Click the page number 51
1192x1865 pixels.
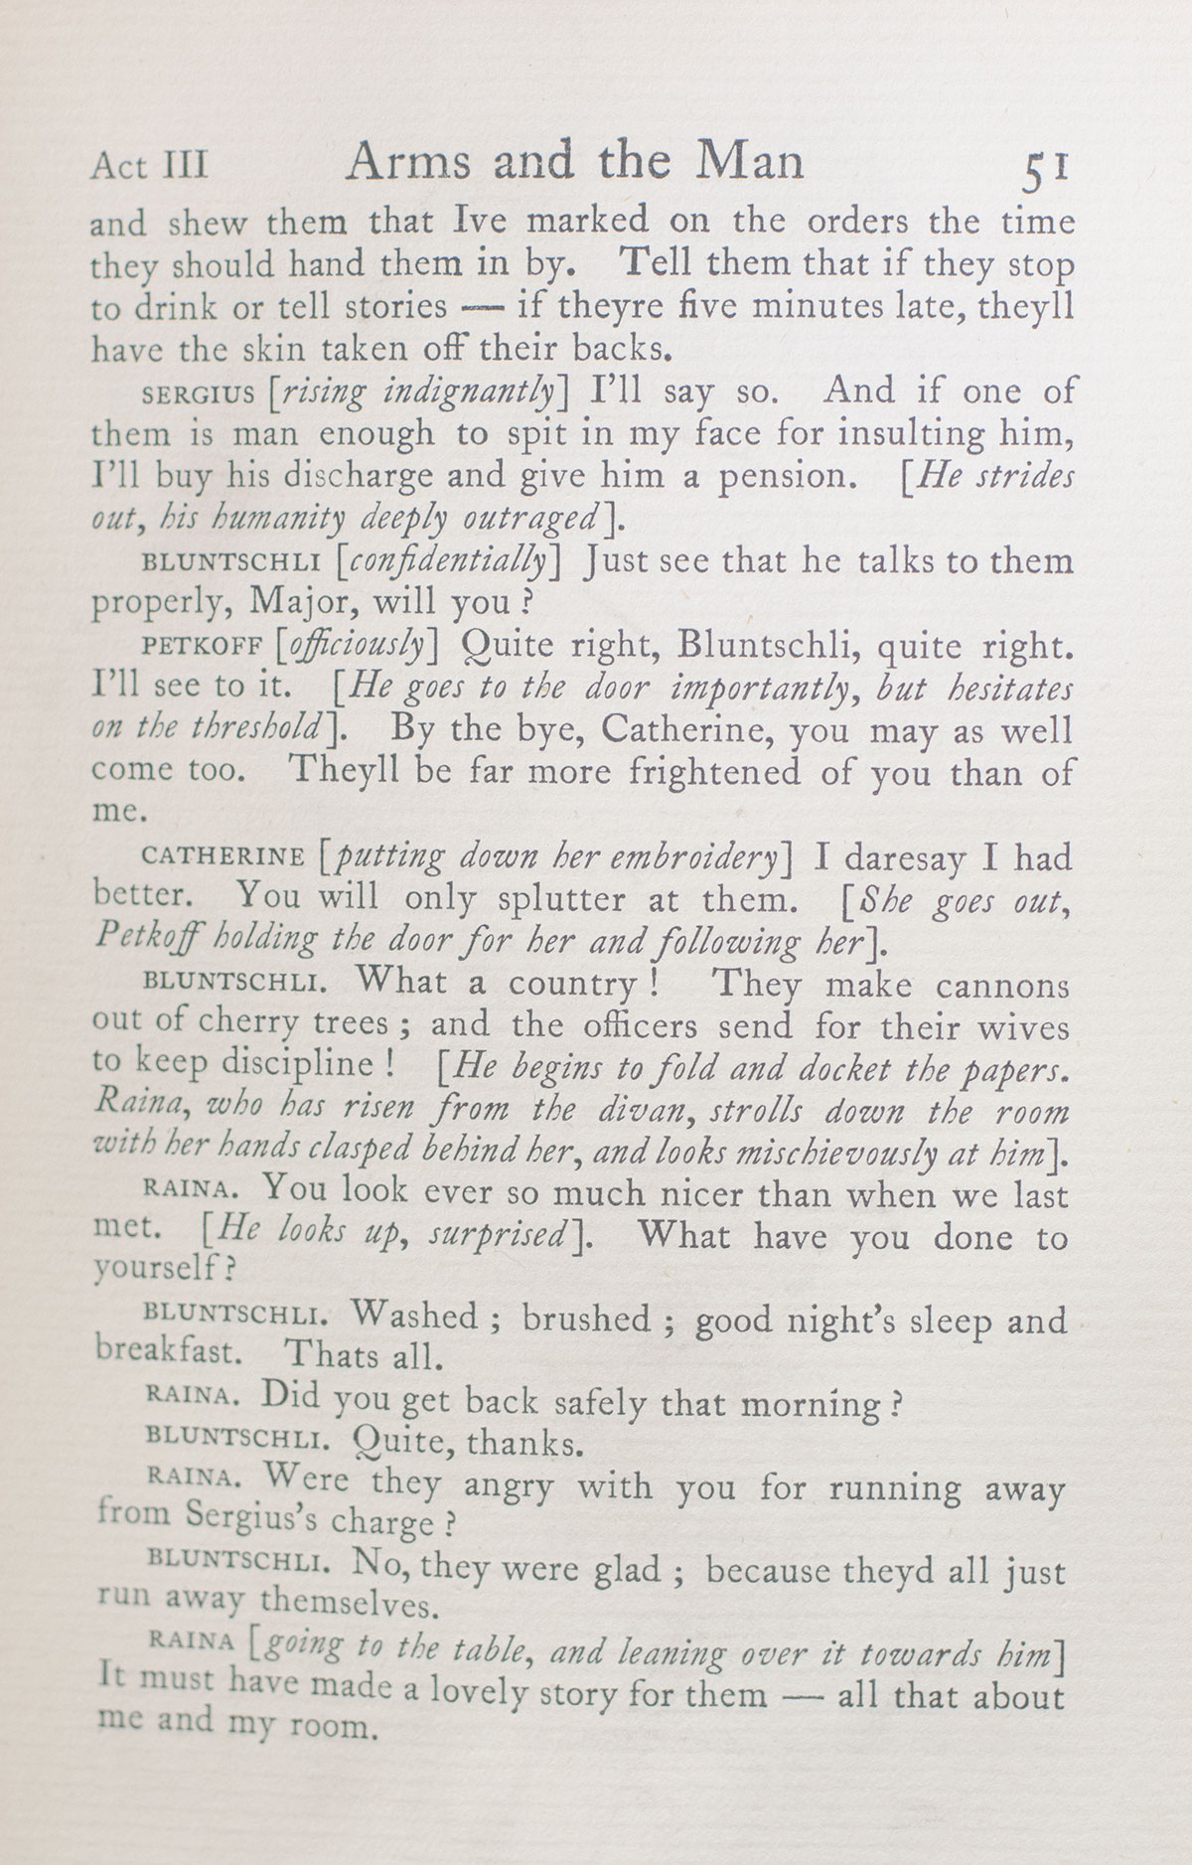(x=1044, y=169)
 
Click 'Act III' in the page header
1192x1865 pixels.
(x=150, y=165)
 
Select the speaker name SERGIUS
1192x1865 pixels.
(x=199, y=392)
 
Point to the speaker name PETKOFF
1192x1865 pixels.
(x=203, y=647)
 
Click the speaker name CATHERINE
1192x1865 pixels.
(x=223, y=856)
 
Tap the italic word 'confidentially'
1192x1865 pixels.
(x=449, y=562)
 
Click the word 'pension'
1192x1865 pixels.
(x=781, y=476)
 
